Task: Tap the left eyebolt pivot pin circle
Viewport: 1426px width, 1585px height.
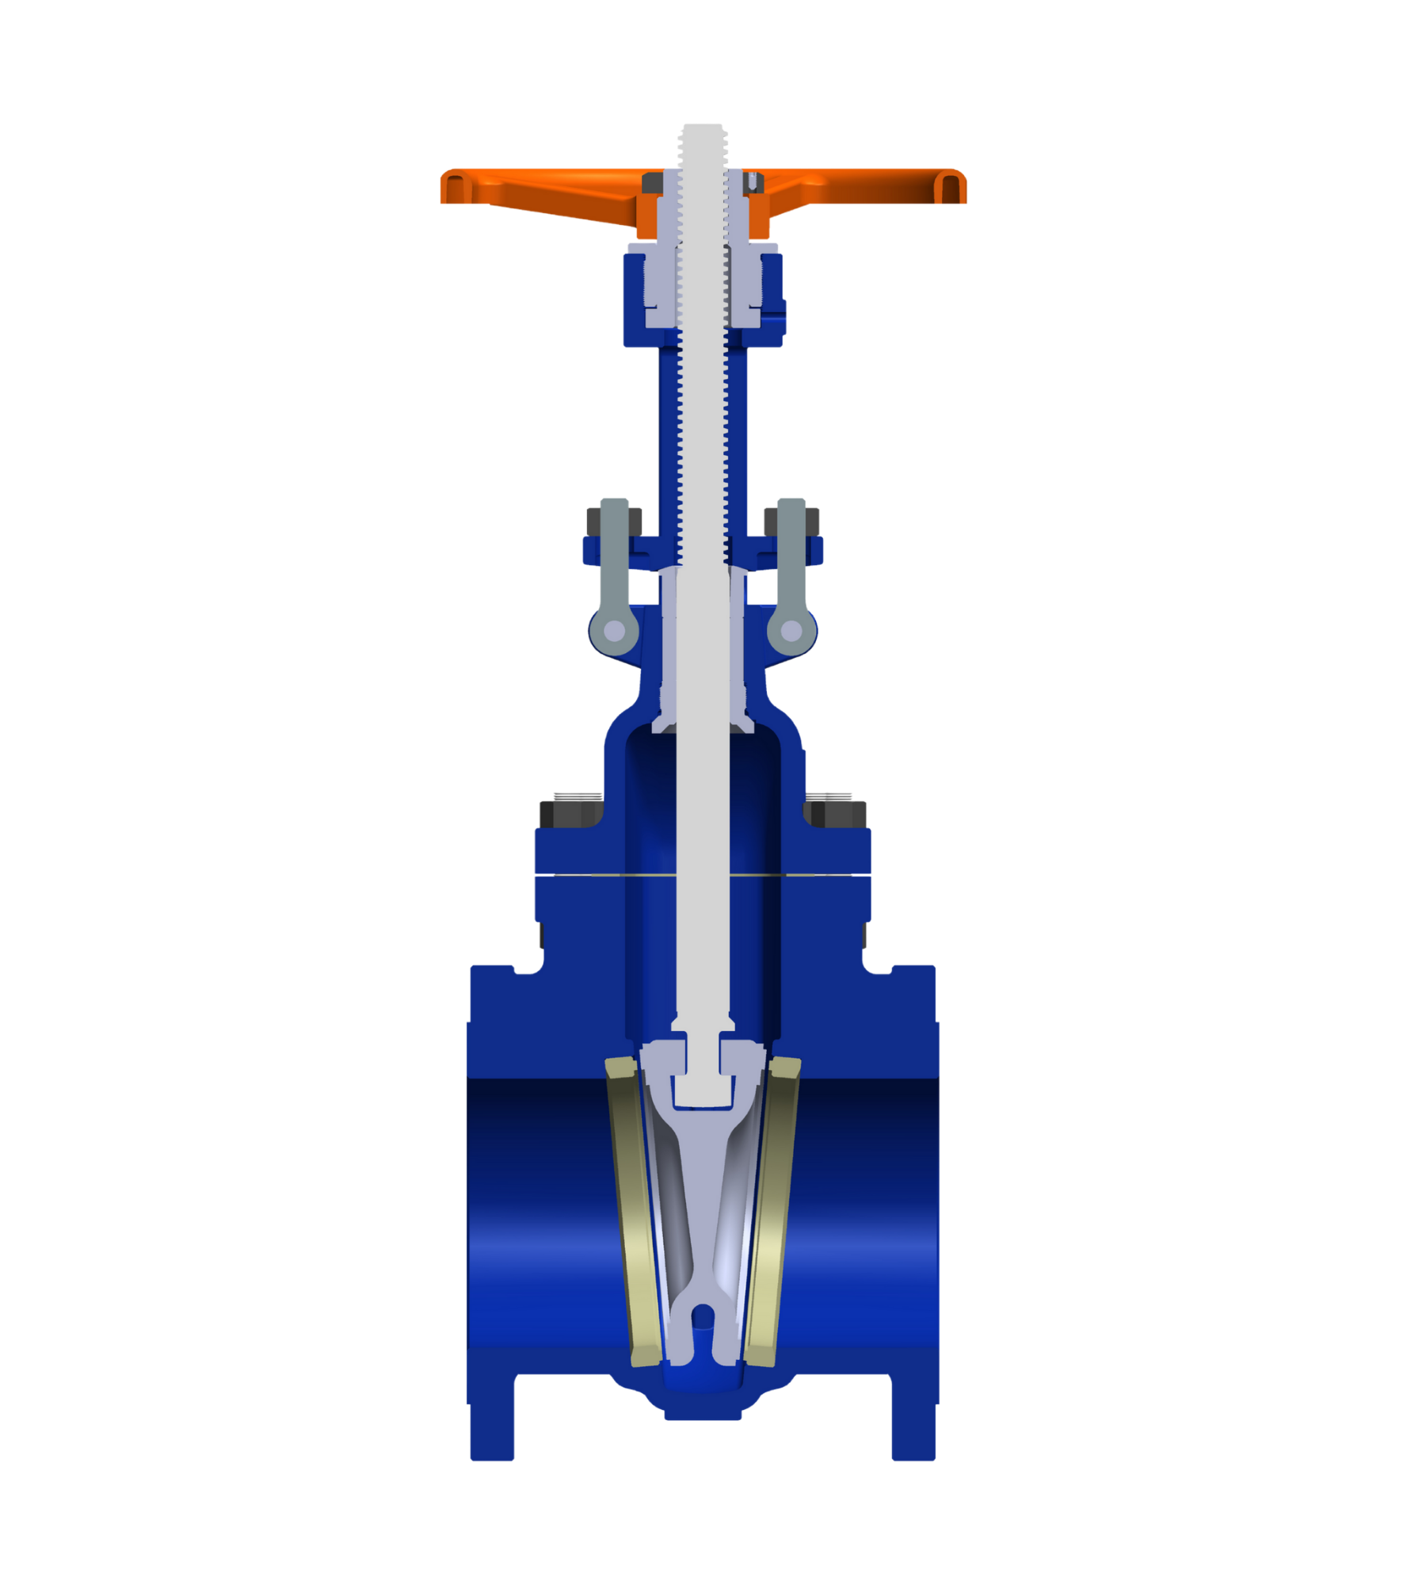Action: point(615,632)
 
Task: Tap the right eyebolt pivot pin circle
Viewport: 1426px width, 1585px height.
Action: point(791,632)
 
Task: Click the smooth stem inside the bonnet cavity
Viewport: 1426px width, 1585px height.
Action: point(702,872)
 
